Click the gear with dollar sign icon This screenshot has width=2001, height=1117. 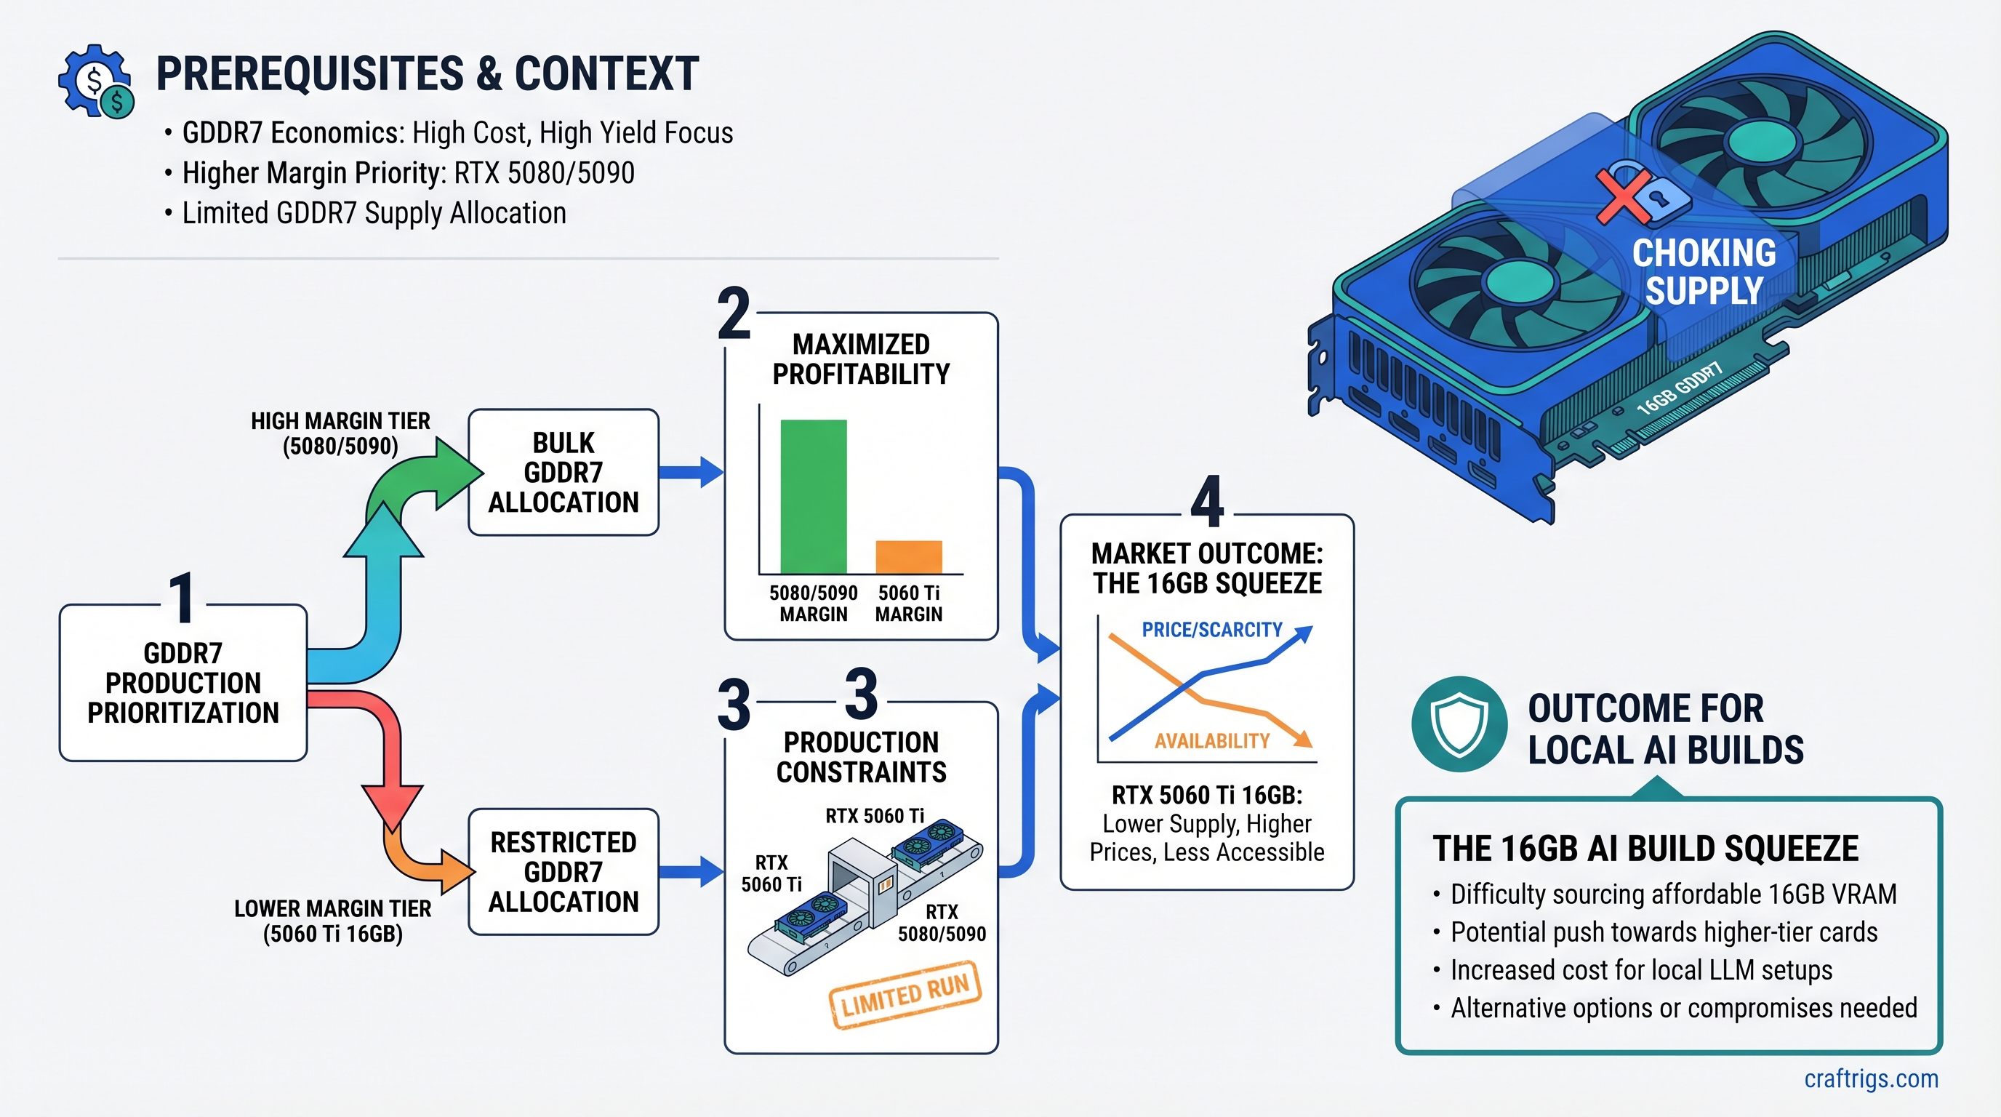click(x=95, y=81)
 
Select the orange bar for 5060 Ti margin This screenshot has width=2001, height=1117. click(x=908, y=556)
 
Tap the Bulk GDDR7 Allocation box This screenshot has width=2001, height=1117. click(x=564, y=472)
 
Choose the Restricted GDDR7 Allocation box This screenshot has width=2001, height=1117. click(x=564, y=871)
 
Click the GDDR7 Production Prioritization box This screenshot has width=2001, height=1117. click(x=183, y=683)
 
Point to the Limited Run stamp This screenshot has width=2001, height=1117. click(x=905, y=995)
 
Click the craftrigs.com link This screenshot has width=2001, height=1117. click(x=1871, y=1078)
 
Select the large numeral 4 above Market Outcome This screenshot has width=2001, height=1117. click(x=1207, y=503)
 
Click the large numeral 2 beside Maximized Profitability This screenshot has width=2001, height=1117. click(x=734, y=314)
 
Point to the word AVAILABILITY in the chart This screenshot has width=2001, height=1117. click(x=1211, y=741)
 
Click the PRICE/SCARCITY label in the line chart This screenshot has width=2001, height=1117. click(x=1211, y=629)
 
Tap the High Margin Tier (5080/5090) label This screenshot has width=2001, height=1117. click(x=340, y=433)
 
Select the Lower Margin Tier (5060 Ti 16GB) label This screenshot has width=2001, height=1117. click(x=332, y=921)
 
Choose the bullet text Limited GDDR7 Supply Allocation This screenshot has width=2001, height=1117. click(x=374, y=213)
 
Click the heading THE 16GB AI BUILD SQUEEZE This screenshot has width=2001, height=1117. click(x=1645, y=848)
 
